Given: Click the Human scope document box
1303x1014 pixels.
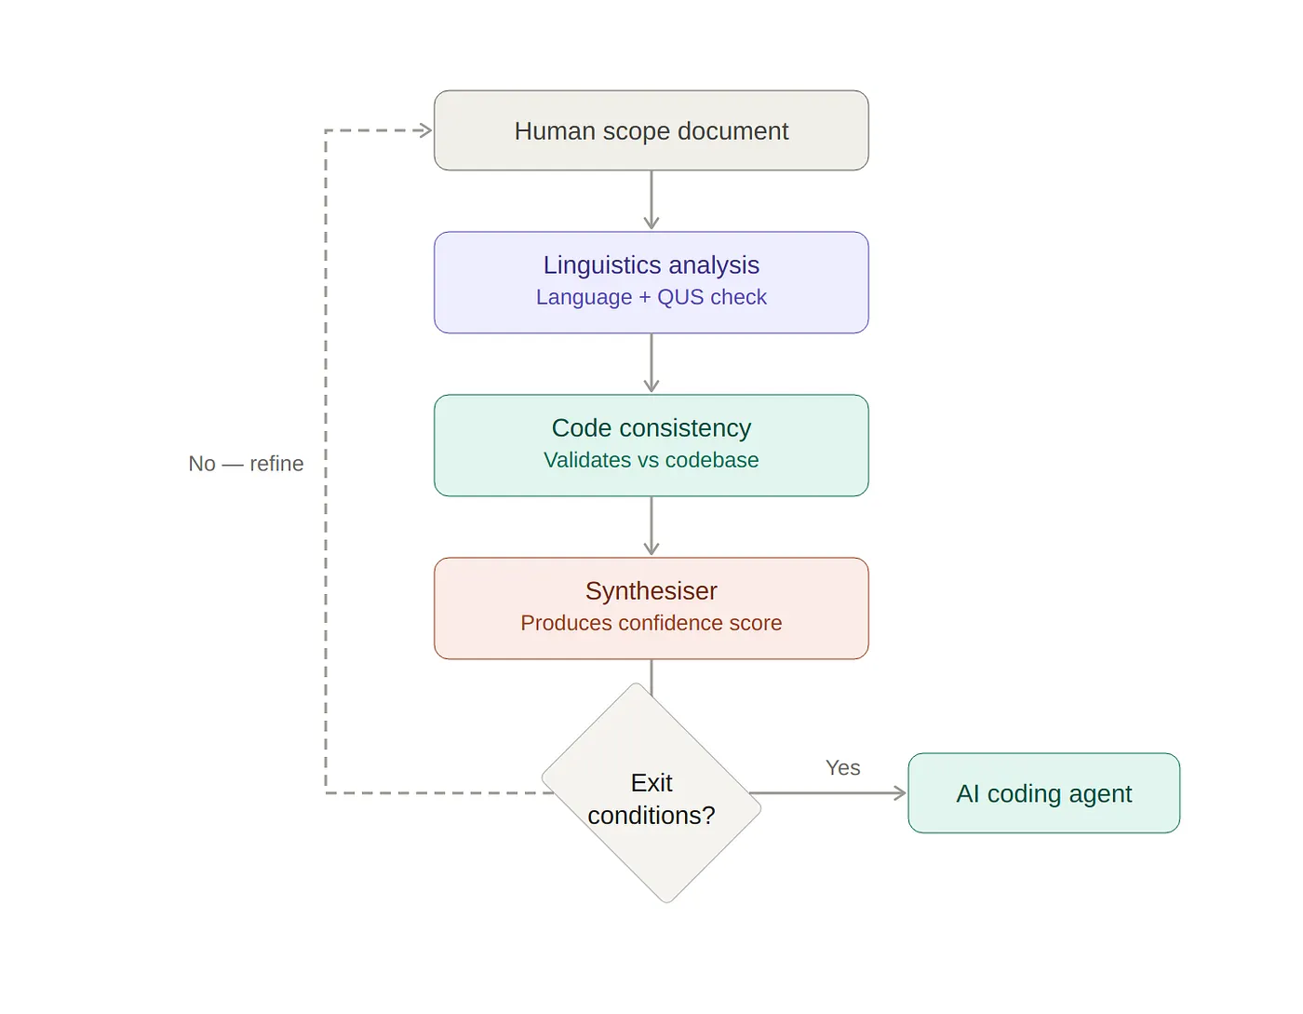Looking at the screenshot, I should point(651,130).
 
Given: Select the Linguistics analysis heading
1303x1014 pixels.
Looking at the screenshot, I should point(651,265).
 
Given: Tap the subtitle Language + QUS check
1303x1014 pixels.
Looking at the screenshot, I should point(651,297).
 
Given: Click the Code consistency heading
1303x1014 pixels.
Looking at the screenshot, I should point(651,428).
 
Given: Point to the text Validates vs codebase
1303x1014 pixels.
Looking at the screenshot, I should point(651,460).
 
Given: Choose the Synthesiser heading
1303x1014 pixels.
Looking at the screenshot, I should point(651,591).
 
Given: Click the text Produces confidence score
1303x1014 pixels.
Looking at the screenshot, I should point(651,623).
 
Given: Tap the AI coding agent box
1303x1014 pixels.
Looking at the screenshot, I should point(1043,793).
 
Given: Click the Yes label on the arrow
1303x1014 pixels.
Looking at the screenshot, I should point(842,768).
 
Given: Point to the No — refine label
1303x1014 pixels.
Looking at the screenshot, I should point(246,464).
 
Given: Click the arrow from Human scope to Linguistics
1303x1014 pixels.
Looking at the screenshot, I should point(651,200).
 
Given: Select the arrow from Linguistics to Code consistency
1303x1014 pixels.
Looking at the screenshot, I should point(651,363).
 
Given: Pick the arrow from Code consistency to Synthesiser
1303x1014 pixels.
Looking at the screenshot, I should point(651,526).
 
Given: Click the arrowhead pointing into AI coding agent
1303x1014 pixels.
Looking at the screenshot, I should point(900,793).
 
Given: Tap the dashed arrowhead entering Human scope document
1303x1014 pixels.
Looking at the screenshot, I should point(426,130).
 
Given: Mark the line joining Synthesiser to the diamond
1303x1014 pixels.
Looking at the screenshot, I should point(651,676).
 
